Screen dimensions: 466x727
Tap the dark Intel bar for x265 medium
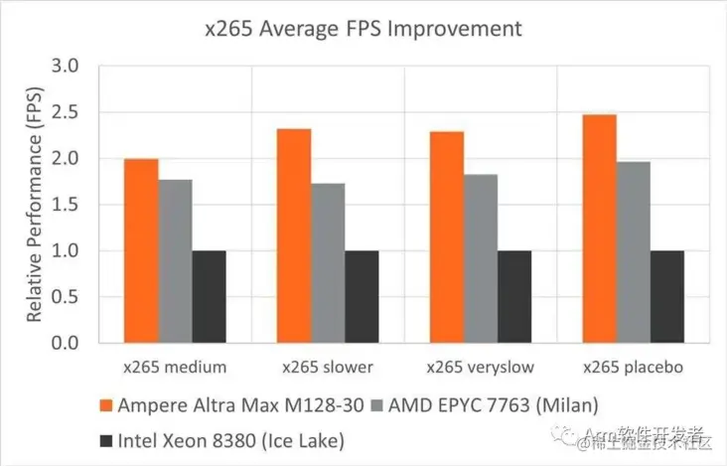click(209, 296)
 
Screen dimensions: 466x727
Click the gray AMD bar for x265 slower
click(328, 262)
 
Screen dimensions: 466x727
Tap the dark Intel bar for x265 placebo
click(666, 296)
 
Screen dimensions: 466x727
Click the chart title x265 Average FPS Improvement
click(363, 29)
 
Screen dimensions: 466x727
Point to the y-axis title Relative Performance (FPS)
click(35, 204)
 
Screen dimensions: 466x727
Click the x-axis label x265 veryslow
click(480, 367)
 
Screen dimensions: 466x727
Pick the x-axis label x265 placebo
click(633, 367)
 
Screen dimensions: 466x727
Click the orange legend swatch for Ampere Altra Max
click(106, 405)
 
